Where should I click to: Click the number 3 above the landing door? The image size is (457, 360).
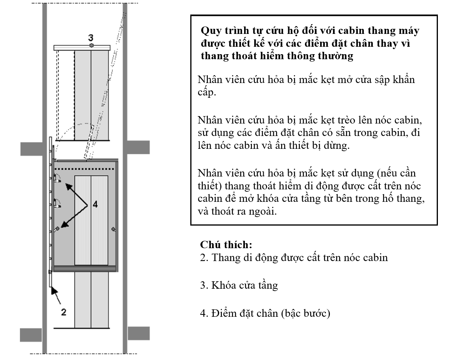90,37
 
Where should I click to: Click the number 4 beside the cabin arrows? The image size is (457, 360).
95,205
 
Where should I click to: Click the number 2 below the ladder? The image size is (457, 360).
64,312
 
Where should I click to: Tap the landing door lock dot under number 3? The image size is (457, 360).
91,46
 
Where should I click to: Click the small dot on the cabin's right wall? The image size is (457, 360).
113,229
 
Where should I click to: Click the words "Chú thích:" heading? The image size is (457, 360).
226,245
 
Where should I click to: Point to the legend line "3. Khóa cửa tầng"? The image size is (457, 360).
239,285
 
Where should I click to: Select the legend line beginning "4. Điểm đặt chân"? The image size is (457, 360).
265,313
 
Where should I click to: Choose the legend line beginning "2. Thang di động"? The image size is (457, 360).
294,258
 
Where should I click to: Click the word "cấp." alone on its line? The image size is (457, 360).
207,94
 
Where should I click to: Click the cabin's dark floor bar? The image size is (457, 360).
85,268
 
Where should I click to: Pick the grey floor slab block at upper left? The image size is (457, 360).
31,148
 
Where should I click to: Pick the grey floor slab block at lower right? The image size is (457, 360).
138,333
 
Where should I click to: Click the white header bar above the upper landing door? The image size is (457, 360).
82,48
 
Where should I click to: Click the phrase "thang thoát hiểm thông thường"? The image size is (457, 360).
277,56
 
